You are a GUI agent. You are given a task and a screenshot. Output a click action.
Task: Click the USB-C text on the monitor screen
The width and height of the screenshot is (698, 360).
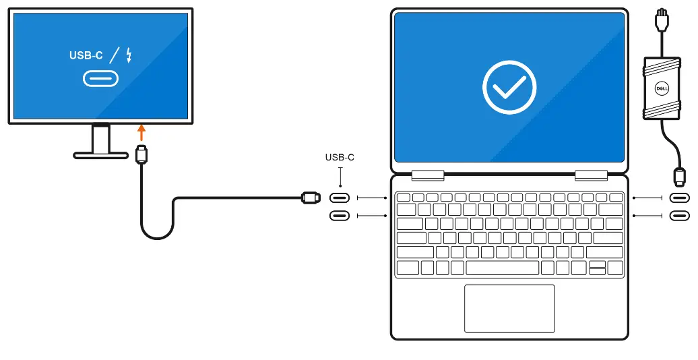click(86, 55)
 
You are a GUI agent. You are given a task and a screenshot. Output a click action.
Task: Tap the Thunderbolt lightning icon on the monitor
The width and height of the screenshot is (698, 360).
click(129, 55)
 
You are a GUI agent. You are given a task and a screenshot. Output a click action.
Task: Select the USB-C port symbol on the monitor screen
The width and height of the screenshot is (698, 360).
click(100, 79)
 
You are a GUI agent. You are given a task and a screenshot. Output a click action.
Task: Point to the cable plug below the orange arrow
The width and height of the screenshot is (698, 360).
click(141, 154)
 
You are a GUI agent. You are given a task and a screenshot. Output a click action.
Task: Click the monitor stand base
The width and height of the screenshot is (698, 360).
click(100, 155)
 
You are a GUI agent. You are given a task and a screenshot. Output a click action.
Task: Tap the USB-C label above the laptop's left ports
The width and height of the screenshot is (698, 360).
click(340, 158)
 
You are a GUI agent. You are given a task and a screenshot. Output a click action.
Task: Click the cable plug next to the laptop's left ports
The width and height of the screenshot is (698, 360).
click(311, 198)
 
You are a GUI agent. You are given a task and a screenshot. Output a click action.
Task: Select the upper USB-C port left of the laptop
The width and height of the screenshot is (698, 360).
click(340, 198)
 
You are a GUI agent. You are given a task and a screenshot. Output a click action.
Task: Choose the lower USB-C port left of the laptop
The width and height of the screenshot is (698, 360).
click(340, 216)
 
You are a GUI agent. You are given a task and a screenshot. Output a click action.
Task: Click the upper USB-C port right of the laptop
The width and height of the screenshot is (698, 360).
click(679, 198)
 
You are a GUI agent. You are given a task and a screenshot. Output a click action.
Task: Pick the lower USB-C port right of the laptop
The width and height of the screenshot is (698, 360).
click(679, 216)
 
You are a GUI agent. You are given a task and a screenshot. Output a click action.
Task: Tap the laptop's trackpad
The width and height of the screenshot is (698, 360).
click(509, 308)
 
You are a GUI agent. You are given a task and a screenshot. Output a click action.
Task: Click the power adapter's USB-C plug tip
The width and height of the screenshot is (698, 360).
click(679, 177)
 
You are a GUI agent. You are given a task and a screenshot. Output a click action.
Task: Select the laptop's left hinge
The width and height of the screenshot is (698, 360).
click(427, 175)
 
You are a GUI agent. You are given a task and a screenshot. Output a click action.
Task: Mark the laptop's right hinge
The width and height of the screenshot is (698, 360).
click(592, 175)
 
